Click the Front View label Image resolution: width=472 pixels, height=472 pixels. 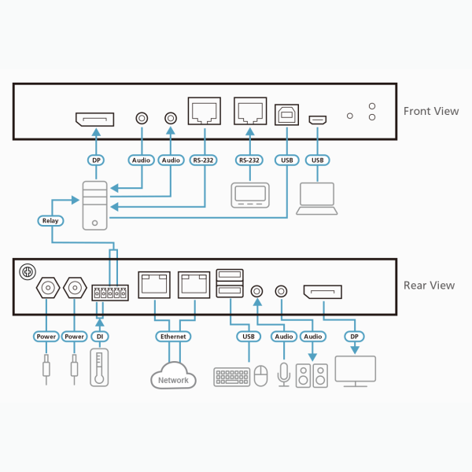click(x=430, y=111)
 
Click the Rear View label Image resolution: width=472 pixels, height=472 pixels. click(x=429, y=285)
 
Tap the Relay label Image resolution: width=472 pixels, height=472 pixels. click(x=50, y=221)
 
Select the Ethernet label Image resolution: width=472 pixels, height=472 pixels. click(x=174, y=336)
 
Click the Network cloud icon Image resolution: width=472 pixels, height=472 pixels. click(x=173, y=378)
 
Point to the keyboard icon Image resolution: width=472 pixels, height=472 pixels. click(x=231, y=376)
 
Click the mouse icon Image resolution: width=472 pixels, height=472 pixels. click(x=261, y=376)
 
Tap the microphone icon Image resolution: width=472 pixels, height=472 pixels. click(x=283, y=374)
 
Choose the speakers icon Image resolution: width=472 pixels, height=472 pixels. click(x=312, y=374)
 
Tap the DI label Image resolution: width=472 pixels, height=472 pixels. click(x=98, y=336)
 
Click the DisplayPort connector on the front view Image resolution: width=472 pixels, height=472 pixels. click(x=94, y=120)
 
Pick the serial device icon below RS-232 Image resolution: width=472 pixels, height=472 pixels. click(x=249, y=195)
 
